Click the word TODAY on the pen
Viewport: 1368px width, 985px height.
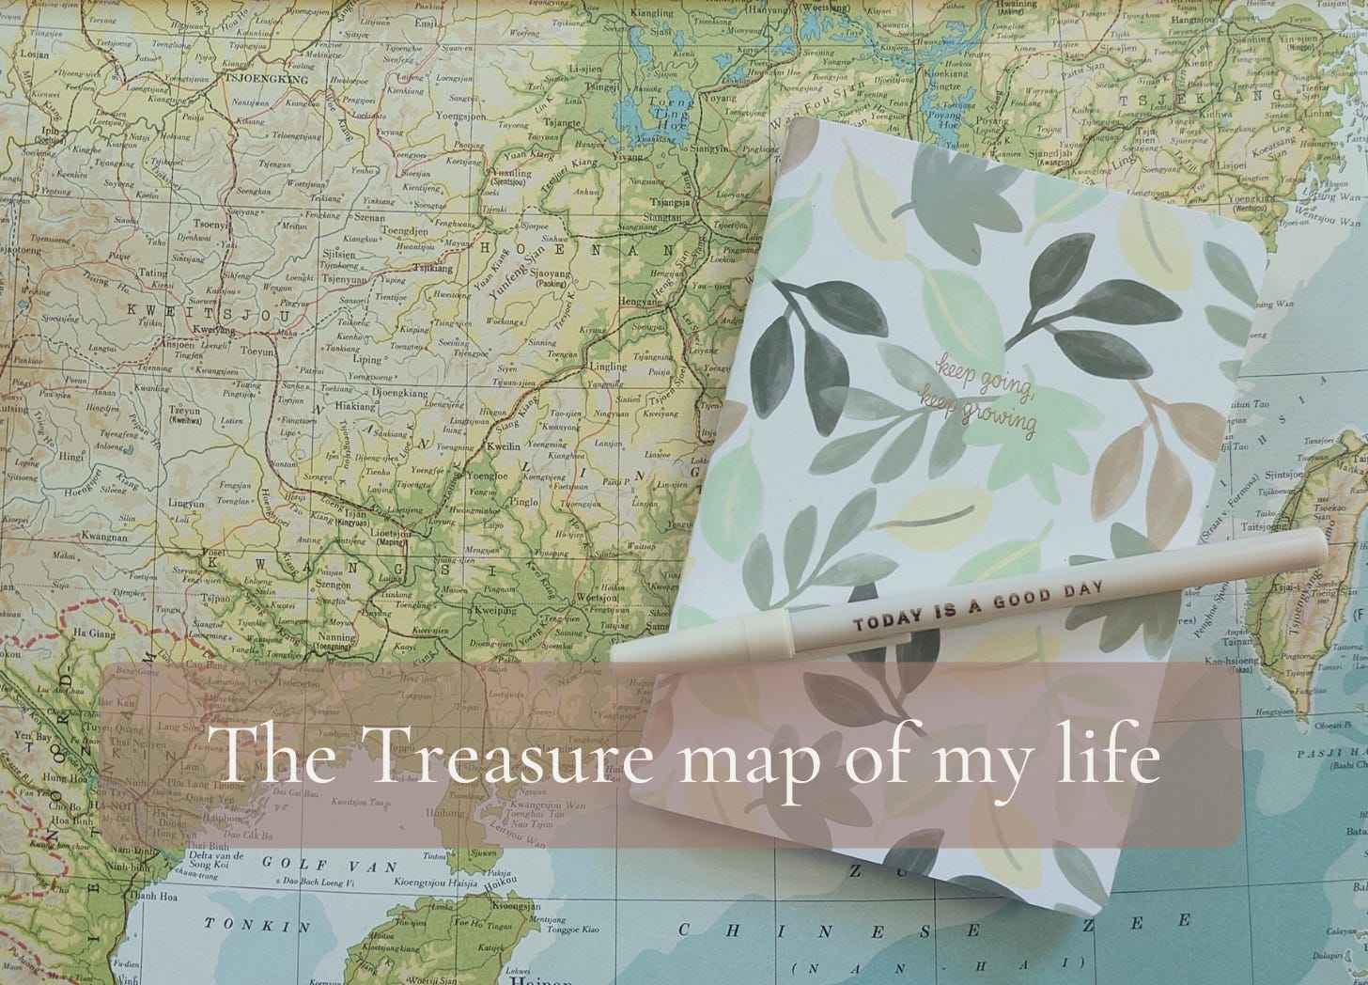[x=890, y=623]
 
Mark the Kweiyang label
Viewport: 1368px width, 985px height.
[x=213, y=331]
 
